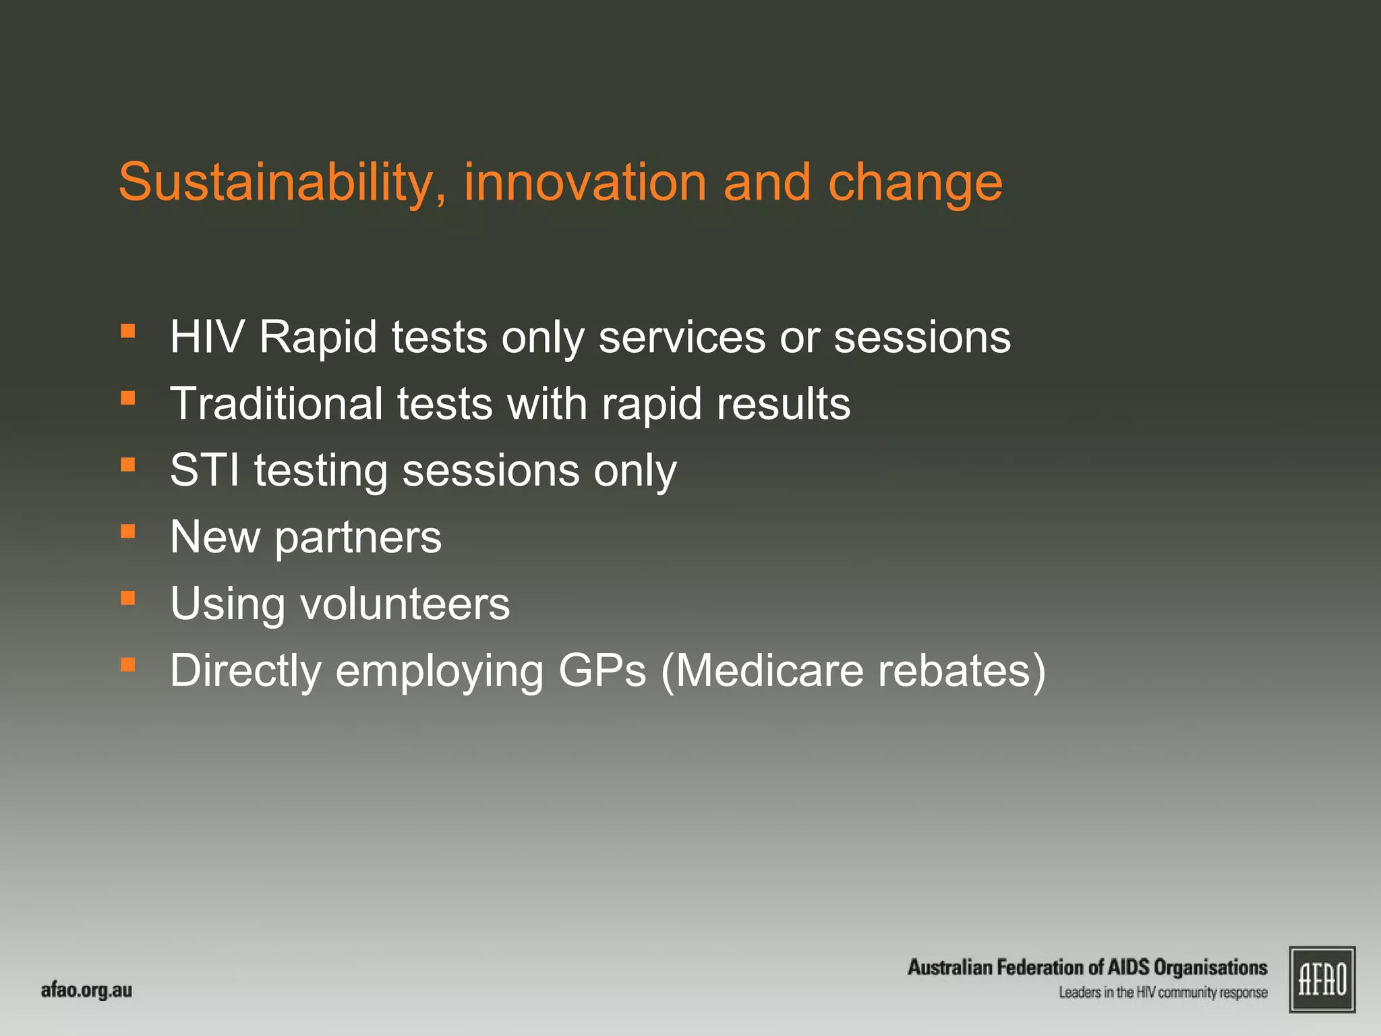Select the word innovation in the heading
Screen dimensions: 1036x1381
click(585, 183)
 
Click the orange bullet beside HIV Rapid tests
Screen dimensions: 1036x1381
click(128, 331)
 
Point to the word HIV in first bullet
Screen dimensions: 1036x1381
click(206, 337)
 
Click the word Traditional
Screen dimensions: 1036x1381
click(276, 403)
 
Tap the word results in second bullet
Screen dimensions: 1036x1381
click(783, 403)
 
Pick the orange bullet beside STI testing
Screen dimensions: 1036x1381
click(128, 465)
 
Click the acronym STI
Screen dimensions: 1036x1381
click(204, 470)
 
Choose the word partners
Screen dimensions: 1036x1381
click(357, 538)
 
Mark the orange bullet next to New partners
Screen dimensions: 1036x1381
click(128, 531)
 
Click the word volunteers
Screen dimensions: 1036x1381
click(405, 604)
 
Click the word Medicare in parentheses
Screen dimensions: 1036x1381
click(769, 670)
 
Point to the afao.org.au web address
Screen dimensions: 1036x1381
click(86, 990)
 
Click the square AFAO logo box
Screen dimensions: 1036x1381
click(1322, 979)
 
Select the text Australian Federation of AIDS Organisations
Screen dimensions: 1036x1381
click(1087, 967)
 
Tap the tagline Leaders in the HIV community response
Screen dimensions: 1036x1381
click(1163, 993)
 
